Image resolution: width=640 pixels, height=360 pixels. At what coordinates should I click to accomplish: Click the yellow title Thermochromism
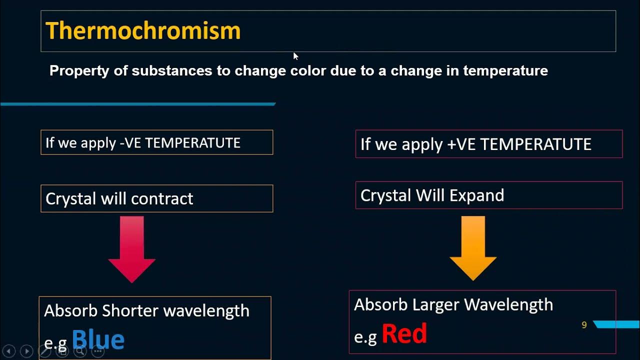click(143, 31)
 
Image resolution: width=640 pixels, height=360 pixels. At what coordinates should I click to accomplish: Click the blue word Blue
click(98, 339)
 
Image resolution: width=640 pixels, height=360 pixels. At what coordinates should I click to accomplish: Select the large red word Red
click(404, 333)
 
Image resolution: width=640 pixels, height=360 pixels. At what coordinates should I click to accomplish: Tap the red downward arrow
click(132, 249)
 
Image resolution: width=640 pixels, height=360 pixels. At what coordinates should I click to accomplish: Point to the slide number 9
click(583, 325)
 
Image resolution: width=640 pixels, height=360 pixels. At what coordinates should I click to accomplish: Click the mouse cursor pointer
click(295, 56)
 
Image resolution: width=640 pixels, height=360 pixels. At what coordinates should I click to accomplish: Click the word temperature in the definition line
click(505, 71)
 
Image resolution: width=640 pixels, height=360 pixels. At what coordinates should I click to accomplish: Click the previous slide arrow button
click(8, 351)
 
